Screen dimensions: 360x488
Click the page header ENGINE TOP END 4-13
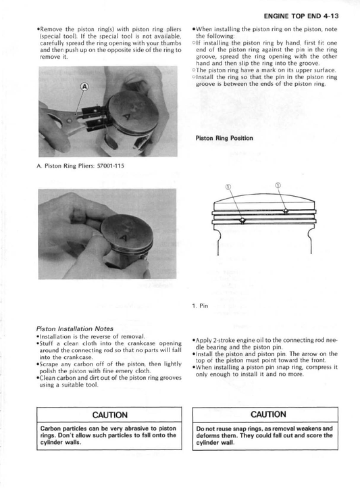click(x=301, y=16)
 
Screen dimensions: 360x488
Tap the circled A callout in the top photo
click(x=84, y=87)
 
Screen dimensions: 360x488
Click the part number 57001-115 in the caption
click(x=110, y=166)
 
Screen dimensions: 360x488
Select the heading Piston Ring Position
click(x=224, y=138)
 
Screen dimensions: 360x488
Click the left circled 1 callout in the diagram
click(x=228, y=187)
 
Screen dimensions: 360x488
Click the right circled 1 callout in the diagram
click(x=278, y=185)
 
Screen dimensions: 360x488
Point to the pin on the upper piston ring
click(x=286, y=212)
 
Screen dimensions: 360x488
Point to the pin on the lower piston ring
click(x=242, y=220)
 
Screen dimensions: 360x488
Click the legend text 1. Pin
click(x=200, y=306)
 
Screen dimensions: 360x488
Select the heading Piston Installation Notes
click(x=75, y=328)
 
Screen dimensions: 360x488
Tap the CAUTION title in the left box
click(x=109, y=415)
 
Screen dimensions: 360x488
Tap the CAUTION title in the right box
click(x=268, y=414)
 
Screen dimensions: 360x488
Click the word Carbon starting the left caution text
click(x=50, y=429)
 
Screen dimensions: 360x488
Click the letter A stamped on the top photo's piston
click(x=127, y=118)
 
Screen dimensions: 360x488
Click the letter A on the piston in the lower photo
click(x=124, y=238)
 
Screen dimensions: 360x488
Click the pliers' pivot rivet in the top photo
click(x=69, y=120)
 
